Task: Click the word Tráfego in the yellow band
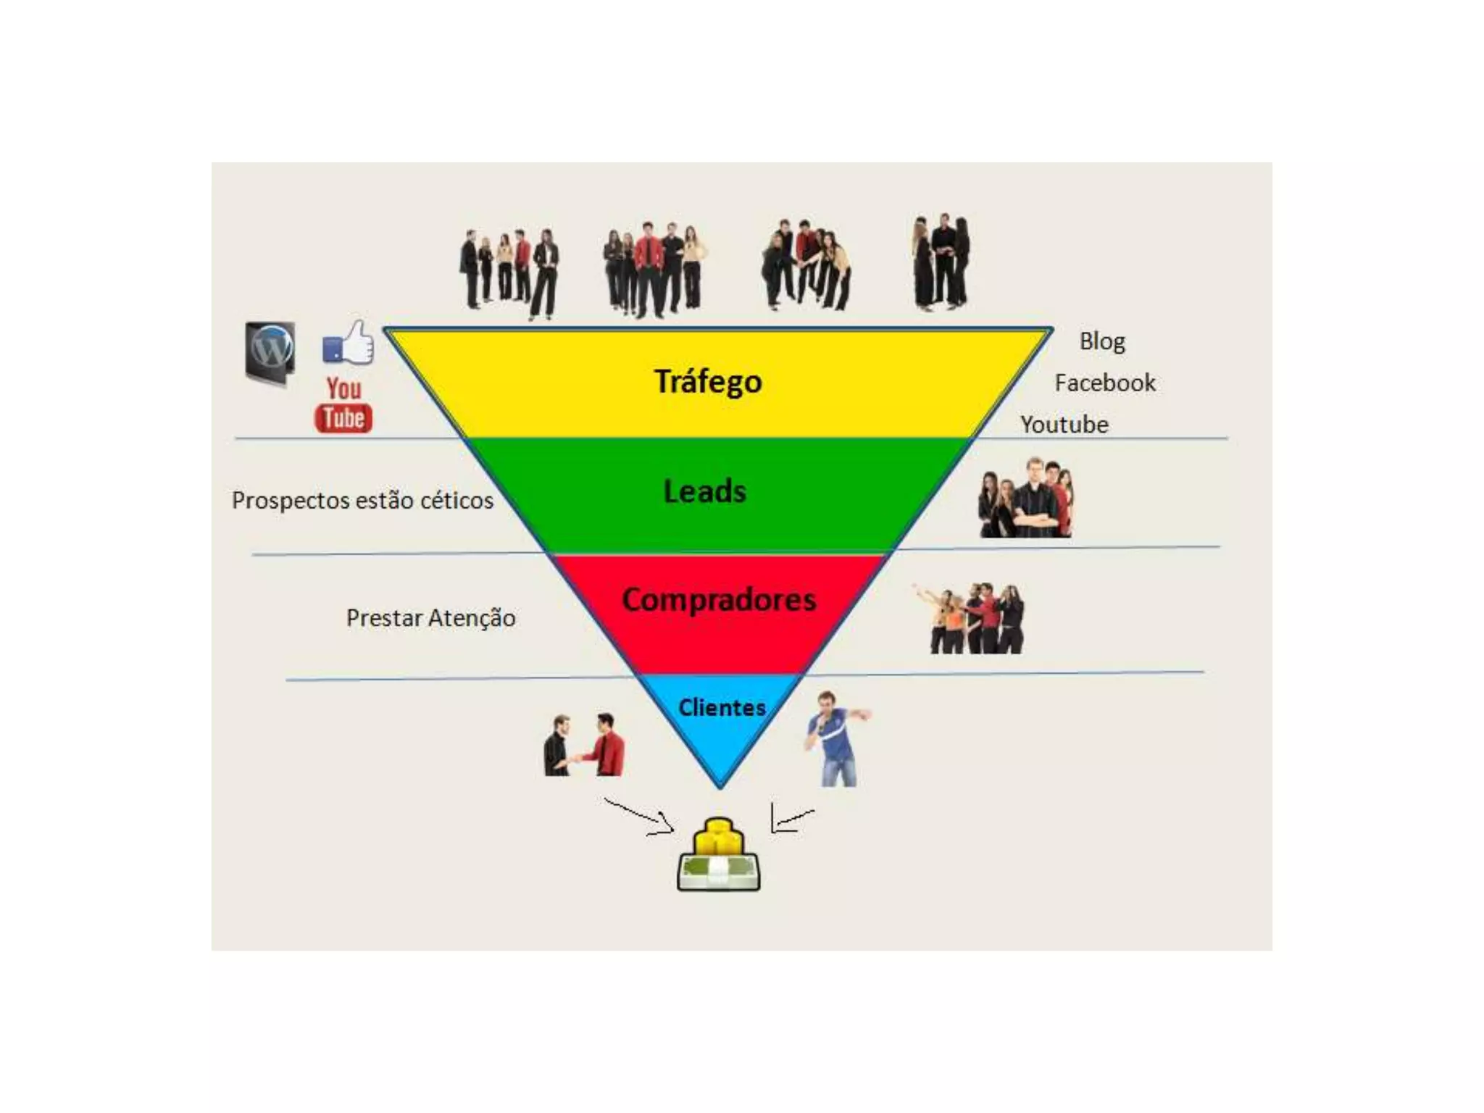pyautogui.click(x=708, y=382)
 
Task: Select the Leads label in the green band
pyautogui.click(x=705, y=491)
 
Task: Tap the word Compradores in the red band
pyautogui.click(x=719, y=600)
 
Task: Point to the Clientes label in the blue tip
pyautogui.click(x=722, y=707)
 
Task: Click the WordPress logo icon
pyautogui.click(x=270, y=353)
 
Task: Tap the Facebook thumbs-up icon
pyautogui.click(x=349, y=343)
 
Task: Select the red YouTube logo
pyautogui.click(x=343, y=405)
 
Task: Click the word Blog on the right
pyautogui.click(x=1102, y=341)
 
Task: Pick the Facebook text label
pyautogui.click(x=1105, y=383)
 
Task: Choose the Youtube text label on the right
pyautogui.click(x=1064, y=425)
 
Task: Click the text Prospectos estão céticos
pyautogui.click(x=362, y=500)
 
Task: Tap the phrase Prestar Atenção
pyautogui.click(x=431, y=618)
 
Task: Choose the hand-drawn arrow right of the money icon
pyautogui.click(x=790, y=819)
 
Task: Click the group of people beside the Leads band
pyautogui.click(x=1026, y=498)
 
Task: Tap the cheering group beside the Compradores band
pyautogui.click(x=971, y=618)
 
